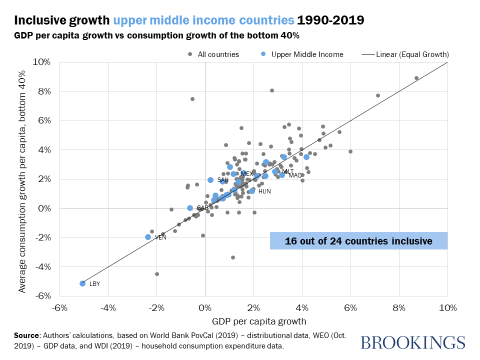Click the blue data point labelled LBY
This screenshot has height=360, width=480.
click(82, 283)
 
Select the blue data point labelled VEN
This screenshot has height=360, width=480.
click(148, 237)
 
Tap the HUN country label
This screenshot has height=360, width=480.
click(264, 191)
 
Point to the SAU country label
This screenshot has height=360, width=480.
click(222, 180)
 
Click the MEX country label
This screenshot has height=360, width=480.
click(246, 173)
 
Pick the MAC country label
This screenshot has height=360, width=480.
click(295, 175)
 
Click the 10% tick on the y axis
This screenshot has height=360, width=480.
click(42, 62)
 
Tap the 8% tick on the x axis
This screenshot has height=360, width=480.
click(398, 306)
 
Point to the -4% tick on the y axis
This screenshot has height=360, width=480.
click(42, 266)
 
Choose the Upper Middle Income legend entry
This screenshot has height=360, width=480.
click(307, 54)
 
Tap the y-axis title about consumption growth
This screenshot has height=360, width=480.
click(22, 179)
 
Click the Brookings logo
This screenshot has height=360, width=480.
click(412, 343)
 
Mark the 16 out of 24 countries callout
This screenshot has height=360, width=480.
click(358, 241)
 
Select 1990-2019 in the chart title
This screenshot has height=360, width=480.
click(330, 20)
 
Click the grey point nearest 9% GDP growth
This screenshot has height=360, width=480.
click(416, 78)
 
